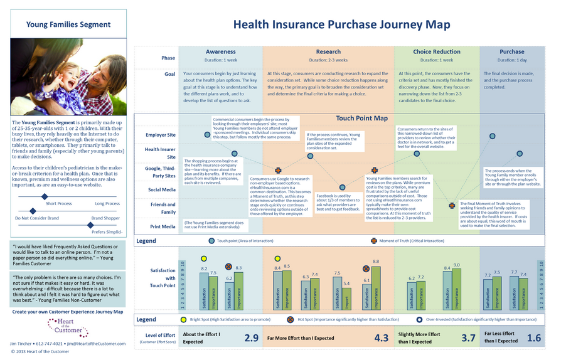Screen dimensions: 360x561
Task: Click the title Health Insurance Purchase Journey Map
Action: [x=341, y=24]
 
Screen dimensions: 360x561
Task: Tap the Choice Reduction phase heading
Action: [x=436, y=52]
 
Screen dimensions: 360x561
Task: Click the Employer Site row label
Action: [x=160, y=135]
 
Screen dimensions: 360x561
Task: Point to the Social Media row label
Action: [x=161, y=189]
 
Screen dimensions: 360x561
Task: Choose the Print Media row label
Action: [x=163, y=226]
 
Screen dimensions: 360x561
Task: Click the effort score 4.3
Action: [x=382, y=338]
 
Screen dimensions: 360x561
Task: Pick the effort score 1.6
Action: [x=533, y=338]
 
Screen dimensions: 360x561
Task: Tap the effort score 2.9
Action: [x=251, y=338]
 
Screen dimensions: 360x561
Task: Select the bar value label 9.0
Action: [x=456, y=265]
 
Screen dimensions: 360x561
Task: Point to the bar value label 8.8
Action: [x=376, y=261]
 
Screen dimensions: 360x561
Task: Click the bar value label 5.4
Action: [x=347, y=283]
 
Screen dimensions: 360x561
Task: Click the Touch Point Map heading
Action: [x=361, y=118]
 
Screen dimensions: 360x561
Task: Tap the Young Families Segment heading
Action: [x=68, y=25]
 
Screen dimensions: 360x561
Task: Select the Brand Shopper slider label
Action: [x=106, y=218]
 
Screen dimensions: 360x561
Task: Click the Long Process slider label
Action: [x=107, y=203]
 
